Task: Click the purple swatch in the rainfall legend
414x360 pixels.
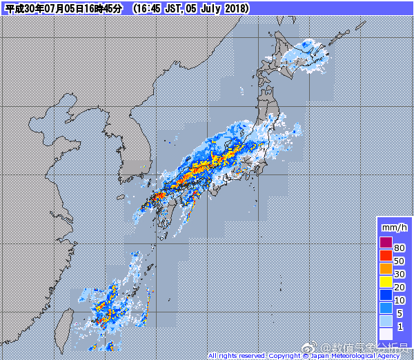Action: (x=386, y=242)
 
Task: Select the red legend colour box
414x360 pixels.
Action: (x=386, y=255)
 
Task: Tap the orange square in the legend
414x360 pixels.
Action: (x=386, y=268)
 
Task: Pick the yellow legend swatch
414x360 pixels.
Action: (x=386, y=281)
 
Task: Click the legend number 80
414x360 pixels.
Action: (x=400, y=248)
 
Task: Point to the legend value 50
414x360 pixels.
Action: (x=400, y=261)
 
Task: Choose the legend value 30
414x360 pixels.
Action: (x=400, y=274)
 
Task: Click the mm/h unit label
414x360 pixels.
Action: (x=393, y=227)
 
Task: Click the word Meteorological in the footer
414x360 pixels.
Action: (x=352, y=356)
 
